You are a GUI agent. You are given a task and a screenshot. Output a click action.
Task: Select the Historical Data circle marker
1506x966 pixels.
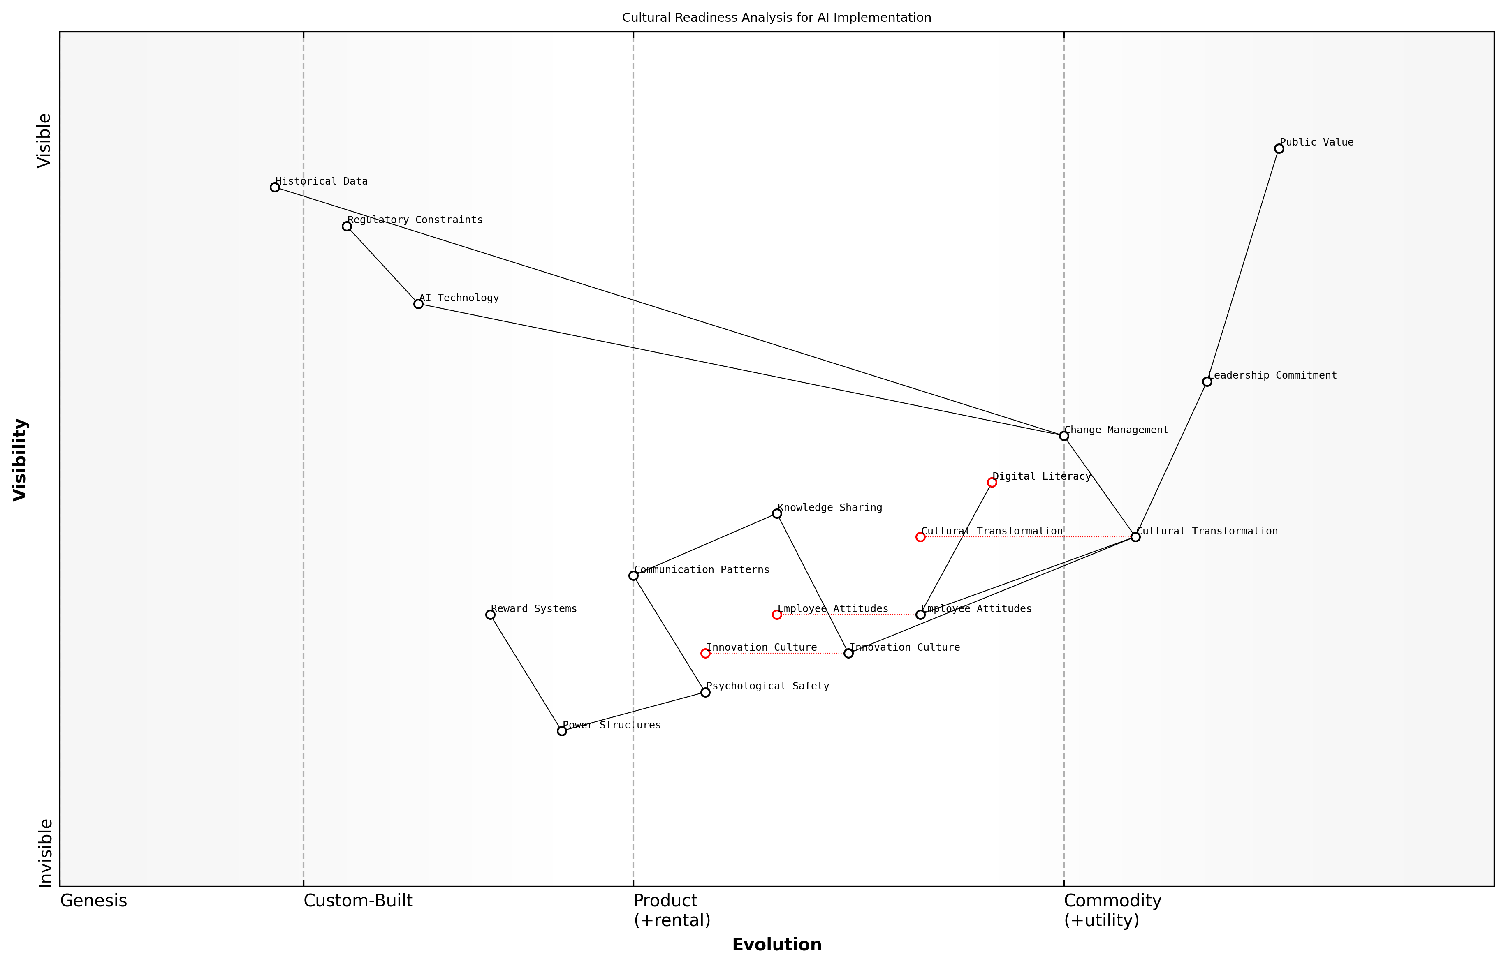[275, 187]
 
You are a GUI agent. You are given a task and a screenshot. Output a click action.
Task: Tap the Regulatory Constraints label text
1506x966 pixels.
[415, 220]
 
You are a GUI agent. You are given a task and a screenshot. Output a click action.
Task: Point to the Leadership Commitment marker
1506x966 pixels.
[1207, 381]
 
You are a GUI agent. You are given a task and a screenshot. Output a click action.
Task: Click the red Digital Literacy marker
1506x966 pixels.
[992, 482]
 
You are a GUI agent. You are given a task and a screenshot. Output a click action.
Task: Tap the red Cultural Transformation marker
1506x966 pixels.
[920, 537]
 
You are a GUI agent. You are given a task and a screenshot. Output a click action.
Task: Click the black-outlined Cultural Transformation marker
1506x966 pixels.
[1135, 537]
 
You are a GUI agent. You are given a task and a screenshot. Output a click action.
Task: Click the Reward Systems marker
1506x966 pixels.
[490, 615]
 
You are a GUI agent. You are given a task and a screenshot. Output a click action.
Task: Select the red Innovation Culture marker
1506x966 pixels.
[705, 654]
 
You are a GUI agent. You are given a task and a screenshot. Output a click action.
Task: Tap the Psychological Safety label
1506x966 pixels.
[767, 686]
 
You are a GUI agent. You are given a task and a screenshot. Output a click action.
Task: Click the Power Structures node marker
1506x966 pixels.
[562, 731]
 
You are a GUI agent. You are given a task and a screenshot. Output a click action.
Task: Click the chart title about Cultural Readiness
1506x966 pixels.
[776, 18]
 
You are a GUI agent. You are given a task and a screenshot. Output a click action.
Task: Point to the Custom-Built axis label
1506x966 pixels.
[358, 901]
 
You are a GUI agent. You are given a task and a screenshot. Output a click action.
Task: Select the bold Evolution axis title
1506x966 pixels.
[776, 945]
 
